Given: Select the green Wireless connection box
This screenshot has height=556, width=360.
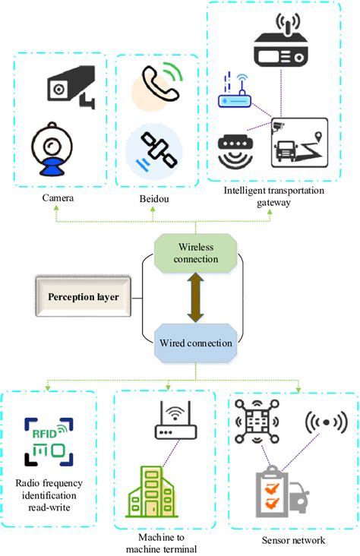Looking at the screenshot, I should [197, 252].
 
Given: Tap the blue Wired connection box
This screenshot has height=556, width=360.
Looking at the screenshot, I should [197, 343].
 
